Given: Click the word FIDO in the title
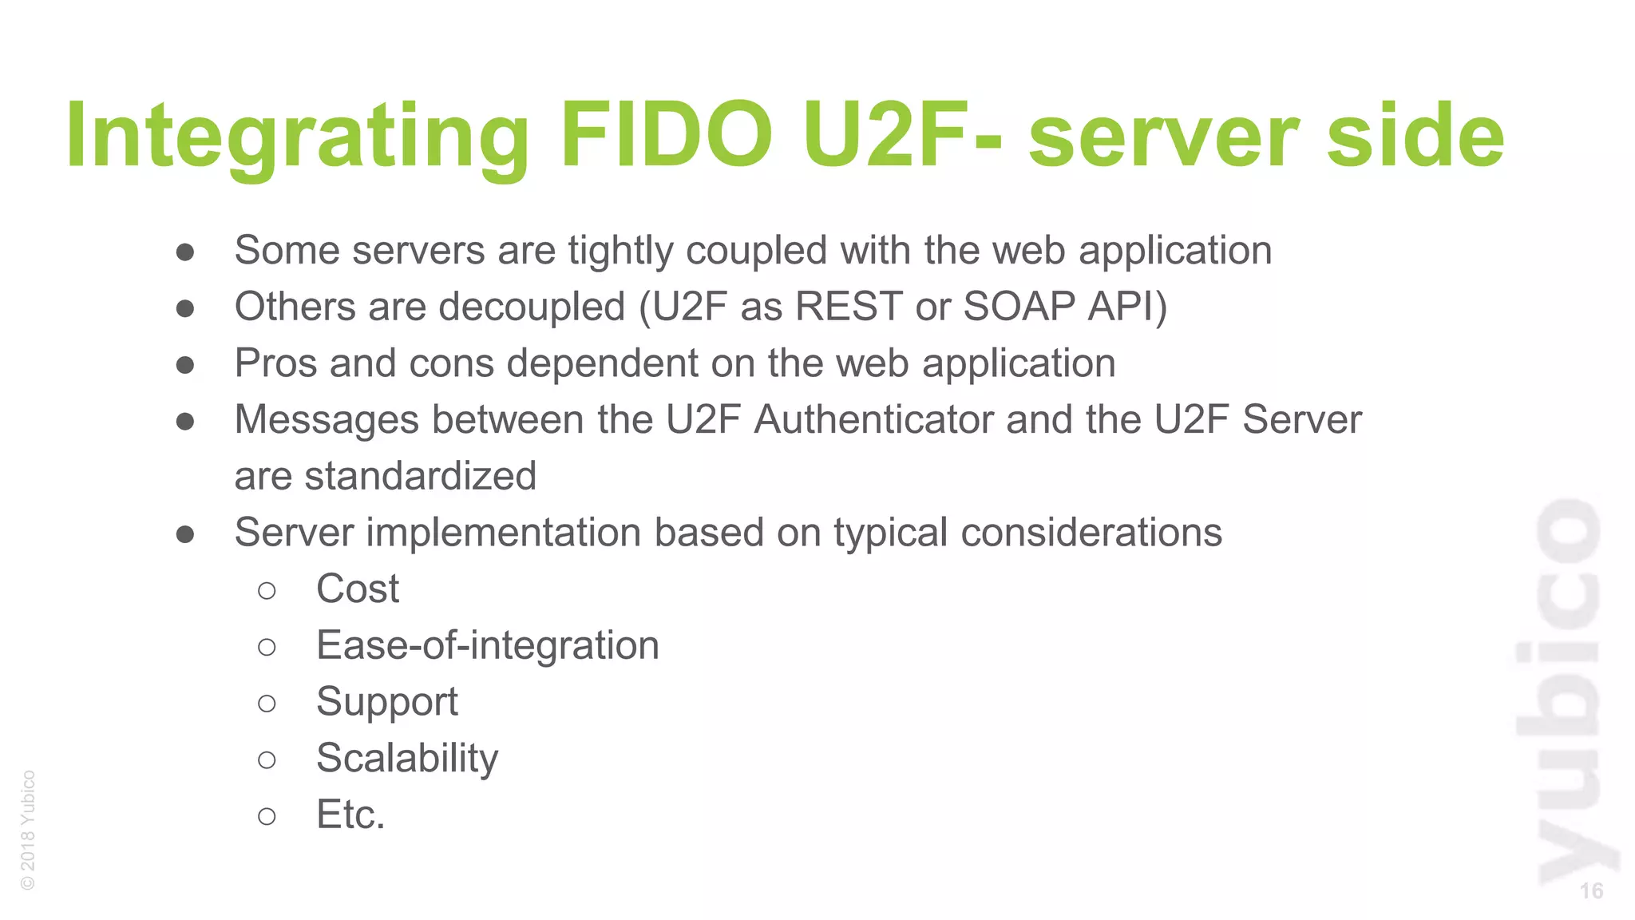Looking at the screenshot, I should coord(667,136).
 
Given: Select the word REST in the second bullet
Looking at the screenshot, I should coord(849,307).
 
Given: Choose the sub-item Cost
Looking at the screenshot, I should coord(358,589).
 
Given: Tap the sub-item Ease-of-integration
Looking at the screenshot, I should coord(488,645).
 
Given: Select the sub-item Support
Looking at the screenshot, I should coord(387,703).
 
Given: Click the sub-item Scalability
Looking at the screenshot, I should coord(407,759).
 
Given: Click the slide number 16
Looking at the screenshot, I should coord(1590,891).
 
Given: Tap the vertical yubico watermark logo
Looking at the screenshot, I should coord(1566,691).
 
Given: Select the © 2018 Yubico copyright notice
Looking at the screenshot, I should coord(28,830).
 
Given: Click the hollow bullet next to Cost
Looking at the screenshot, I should coord(267,591).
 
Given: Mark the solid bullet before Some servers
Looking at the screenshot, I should coord(185,252).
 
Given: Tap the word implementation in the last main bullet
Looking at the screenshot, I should coord(504,533).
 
